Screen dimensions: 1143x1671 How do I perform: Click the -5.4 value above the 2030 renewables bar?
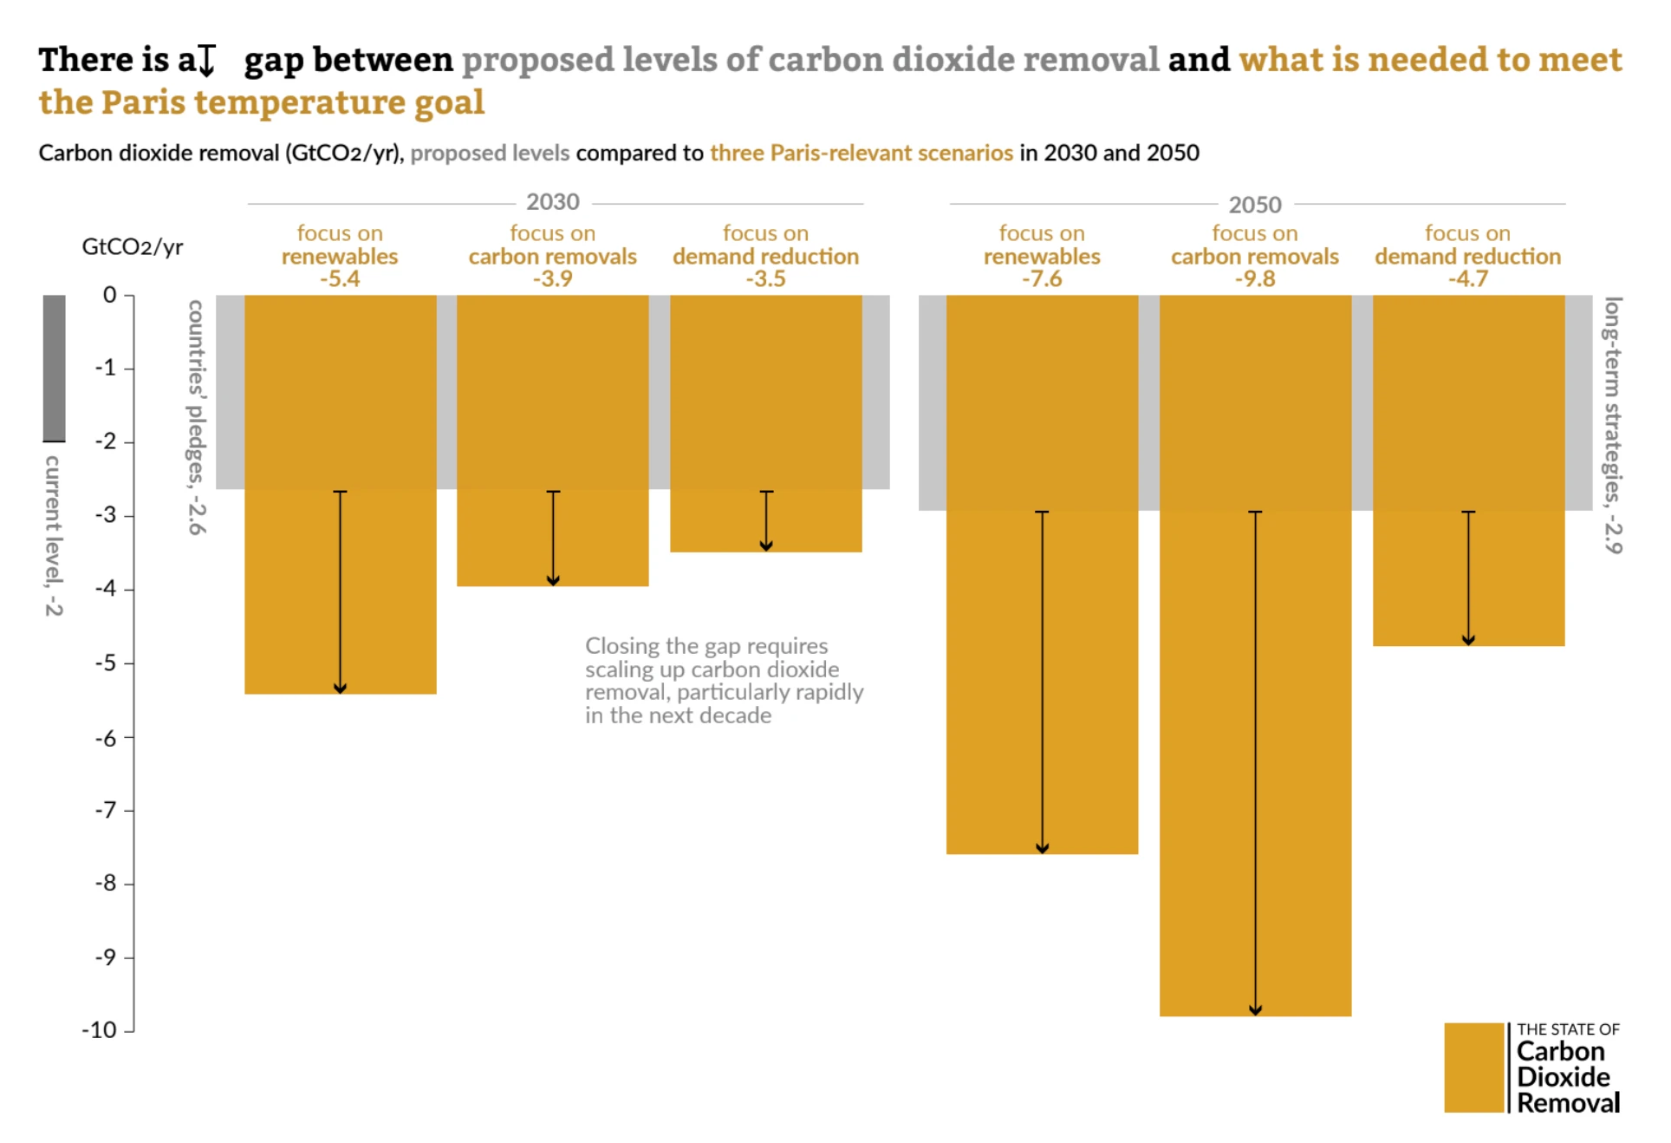point(340,279)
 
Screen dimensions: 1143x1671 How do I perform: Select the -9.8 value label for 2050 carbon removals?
point(1254,279)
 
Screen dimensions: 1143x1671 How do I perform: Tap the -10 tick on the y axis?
point(99,1030)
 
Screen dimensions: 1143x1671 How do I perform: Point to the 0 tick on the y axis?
point(109,295)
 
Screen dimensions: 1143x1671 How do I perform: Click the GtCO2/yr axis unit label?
point(133,247)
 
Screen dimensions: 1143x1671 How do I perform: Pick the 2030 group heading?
point(553,202)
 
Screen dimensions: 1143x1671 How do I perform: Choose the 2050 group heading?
point(1254,205)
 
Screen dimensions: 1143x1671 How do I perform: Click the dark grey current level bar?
point(55,368)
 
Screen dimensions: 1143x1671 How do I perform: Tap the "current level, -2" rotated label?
point(54,535)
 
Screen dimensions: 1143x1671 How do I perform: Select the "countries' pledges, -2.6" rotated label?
point(197,417)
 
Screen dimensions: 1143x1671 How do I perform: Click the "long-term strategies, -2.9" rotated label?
point(1612,425)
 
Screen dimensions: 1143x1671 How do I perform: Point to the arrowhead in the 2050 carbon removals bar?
point(1255,1010)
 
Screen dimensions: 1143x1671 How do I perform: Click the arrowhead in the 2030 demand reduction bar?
point(766,545)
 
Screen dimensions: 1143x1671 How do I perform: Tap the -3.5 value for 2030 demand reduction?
point(766,279)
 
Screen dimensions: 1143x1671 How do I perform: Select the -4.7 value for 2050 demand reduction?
point(1467,279)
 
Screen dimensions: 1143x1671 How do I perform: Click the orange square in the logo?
point(1473,1068)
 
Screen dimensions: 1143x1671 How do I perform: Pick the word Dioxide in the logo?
point(1564,1077)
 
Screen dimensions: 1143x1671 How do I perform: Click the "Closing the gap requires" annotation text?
point(706,646)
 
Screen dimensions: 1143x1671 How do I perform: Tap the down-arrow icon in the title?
point(206,61)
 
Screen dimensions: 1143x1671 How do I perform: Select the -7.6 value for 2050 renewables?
point(1042,279)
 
